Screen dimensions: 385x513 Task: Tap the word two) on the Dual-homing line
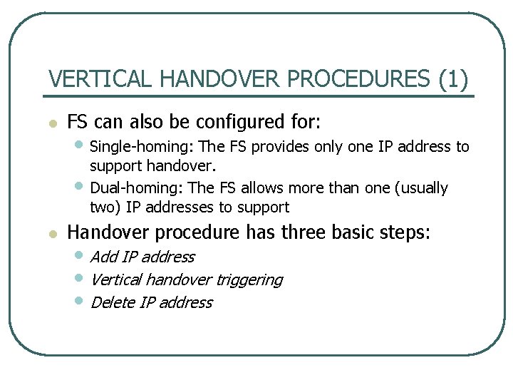[x=105, y=207]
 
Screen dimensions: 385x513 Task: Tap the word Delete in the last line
[x=113, y=302]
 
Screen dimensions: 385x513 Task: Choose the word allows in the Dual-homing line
[x=263, y=188]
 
